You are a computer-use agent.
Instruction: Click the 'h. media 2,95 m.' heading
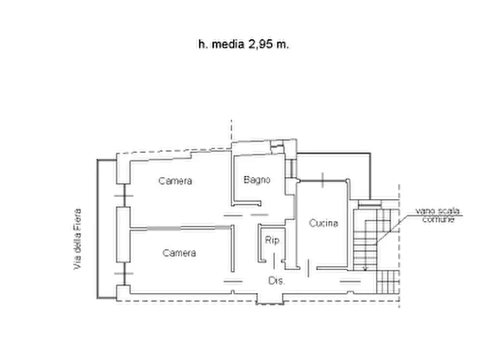point(243,45)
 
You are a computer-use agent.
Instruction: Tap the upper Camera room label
point(175,181)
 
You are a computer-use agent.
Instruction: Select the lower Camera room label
point(180,253)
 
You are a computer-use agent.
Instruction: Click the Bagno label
point(256,180)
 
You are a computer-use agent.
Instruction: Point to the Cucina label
point(323,223)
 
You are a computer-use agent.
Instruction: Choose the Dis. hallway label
point(276,280)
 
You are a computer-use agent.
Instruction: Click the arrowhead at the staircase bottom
point(365,268)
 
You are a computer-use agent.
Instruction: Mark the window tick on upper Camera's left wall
point(124,196)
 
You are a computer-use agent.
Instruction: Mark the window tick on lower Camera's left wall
point(124,274)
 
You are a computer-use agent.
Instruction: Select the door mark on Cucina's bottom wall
point(309,267)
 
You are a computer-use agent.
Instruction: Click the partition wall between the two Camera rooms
point(181,228)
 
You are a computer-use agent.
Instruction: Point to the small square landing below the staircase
point(388,281)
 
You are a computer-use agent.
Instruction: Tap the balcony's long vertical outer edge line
point(97,228)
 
